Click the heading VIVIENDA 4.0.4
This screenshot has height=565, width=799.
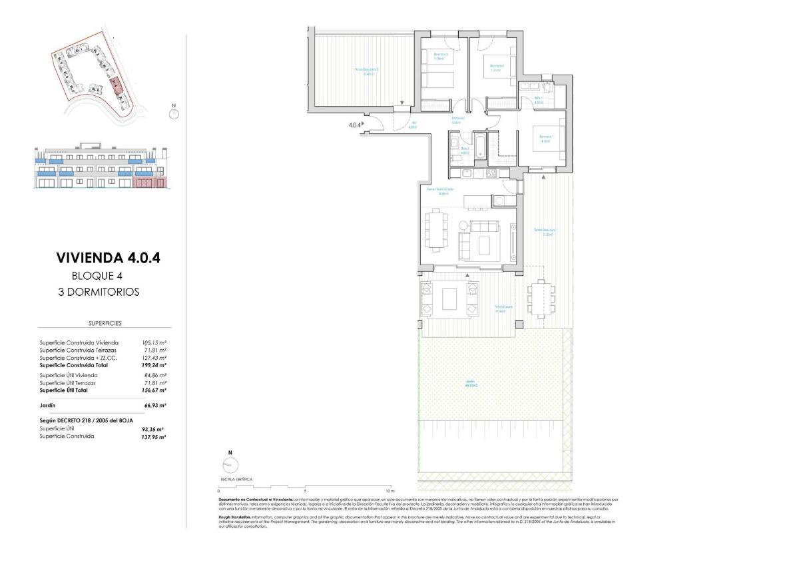pyautogui.click(x=109, y=258)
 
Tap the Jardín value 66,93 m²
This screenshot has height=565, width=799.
pyautogui.click(x=154, y=404)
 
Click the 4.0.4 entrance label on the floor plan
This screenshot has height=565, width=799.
pyautogui.click(x=355, y=125)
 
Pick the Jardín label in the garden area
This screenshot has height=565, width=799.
pyautogui.click(x=470, y=383)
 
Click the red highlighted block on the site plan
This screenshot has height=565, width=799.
pyautogui.click(x=117, y=85)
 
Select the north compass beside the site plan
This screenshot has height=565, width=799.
pyautogui.click(x=174, y=113)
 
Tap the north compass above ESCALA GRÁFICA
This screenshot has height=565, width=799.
pyautogui.click(x=230, y=464)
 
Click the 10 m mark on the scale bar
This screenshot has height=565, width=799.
pyautogui.click(x=390, y=490)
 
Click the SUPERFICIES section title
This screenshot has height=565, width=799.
pyautogui.click(x=105, y=323)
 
